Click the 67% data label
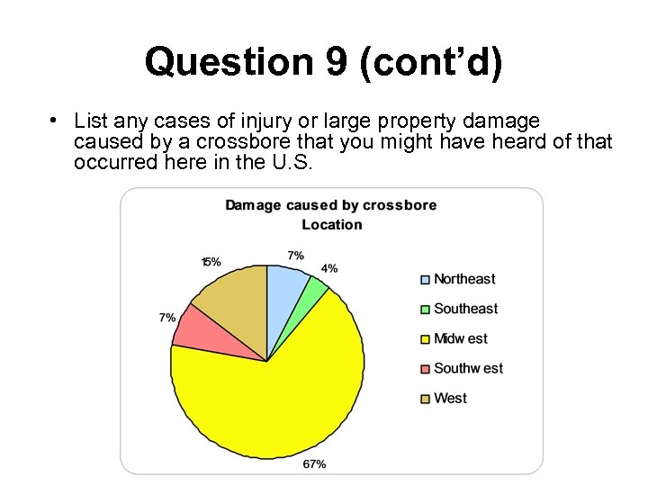pos(315,464)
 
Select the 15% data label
pos(211,262)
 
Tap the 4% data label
pos(329,268)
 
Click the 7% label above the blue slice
pos(295,256)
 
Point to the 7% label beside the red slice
pos(167,318)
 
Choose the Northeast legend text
pos(464,279)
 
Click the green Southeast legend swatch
pos(425,310)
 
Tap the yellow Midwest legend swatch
pos(425,339)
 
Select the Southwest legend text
pos(468,368)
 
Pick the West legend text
pos(450,398)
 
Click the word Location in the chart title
pos(332,224)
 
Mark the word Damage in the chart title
pos(253,205)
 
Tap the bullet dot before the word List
pos(55,120)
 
